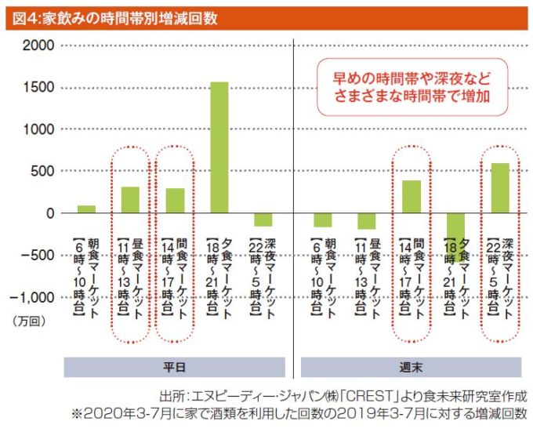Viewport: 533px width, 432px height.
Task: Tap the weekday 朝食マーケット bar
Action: pyautogui.click(x=86, y=209)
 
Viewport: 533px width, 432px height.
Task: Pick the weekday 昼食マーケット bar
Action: pyautogui.click(x=130, y=200)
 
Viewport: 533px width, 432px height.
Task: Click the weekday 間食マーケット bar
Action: pyautogui.click(x=175, y=201)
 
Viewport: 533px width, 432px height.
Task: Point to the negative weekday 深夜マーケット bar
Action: pyautogui.click(x=263, y=220)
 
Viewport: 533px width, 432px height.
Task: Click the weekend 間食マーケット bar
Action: pyautogui.click(x=412, y=197)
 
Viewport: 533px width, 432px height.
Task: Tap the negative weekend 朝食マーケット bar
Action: pyautogui.click(x=322, y=220)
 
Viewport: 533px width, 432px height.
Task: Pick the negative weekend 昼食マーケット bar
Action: pyautogui.click(x=367, y=221)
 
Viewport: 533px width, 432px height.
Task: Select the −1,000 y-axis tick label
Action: pyautogui.click(x=34, y=297)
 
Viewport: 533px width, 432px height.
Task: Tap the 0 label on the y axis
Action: pyautogui.click(x=49, y=213)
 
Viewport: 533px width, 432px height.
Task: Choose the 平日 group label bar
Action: pyautogui.click(x=174, y=367)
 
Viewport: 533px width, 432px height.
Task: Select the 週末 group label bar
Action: pyautogui.click(x=411, y=367)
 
